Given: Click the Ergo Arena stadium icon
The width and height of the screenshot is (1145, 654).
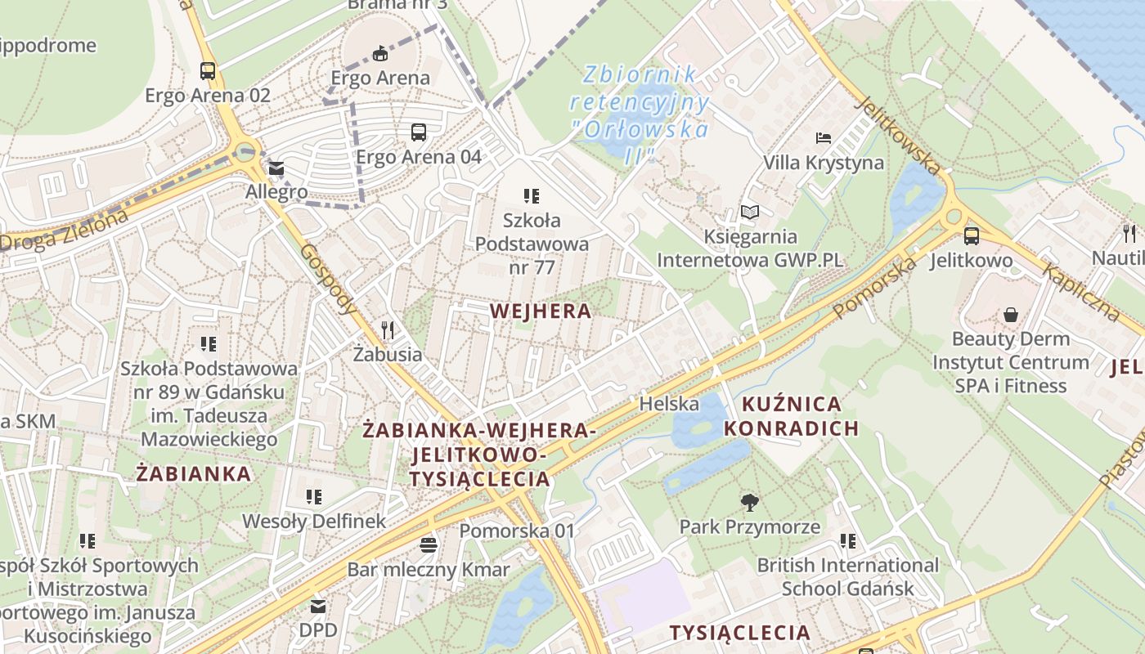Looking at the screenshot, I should point(379,54).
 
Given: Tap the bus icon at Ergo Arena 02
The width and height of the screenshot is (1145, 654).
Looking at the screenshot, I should point(208,71).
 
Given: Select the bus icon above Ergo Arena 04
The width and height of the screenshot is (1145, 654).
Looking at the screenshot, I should point(419,132).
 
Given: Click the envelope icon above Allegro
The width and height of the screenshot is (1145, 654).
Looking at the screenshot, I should point(276,169).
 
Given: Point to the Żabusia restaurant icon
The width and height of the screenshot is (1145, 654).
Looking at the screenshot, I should point(388,330).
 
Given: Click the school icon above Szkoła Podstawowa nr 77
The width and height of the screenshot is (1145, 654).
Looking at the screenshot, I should point(532,196).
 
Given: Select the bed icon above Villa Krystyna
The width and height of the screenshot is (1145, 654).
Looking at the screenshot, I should point(824,138).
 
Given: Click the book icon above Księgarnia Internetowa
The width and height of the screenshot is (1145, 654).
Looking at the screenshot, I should point(750,213).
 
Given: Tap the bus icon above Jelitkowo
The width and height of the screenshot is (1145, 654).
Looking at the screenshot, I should point(971,236).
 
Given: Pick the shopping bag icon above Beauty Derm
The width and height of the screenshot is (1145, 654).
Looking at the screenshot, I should point(1012,315).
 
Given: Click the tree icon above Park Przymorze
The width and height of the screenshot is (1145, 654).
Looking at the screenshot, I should point(749,502).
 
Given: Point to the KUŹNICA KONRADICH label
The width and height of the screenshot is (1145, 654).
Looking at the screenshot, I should point(791,416).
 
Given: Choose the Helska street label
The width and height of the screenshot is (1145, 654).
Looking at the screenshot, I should point(669,404).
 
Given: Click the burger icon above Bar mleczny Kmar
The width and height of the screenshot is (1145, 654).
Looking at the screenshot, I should point(429,544).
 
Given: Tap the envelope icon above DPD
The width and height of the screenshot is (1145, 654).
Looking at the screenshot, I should point(317,607).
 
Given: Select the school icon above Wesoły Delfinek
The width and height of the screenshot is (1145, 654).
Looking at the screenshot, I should point(314,496).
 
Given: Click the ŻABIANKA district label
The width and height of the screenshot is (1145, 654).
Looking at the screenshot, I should point(194,474).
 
